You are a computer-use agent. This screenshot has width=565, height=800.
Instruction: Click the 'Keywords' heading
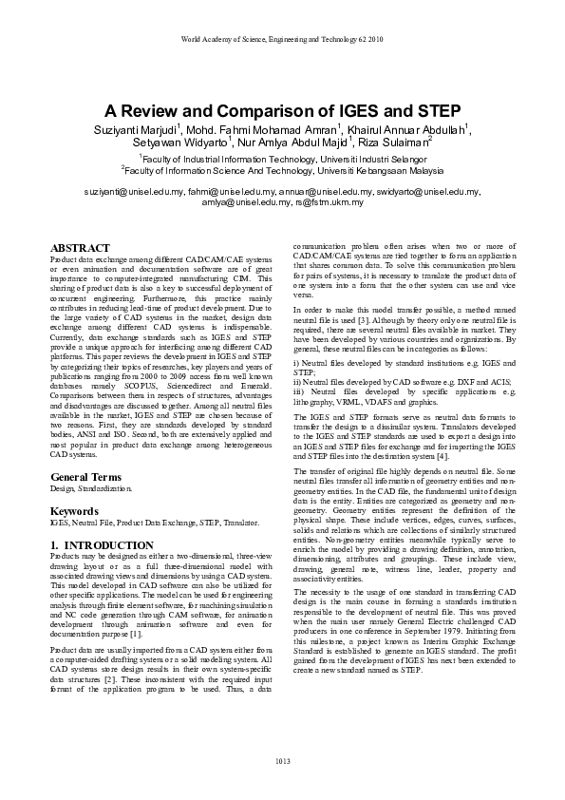(74, 510)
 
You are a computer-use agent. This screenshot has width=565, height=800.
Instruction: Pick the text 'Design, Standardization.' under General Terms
(91, 488)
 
